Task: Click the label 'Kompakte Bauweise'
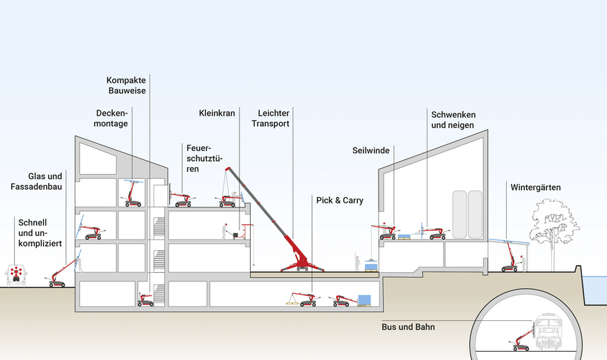[x=126, y=84]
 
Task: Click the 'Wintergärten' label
[x=535, y=187]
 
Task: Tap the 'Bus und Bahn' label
[x=408, y=326]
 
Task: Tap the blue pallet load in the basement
[x=363, y=301]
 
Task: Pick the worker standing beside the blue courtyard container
[x=356, y=262]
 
